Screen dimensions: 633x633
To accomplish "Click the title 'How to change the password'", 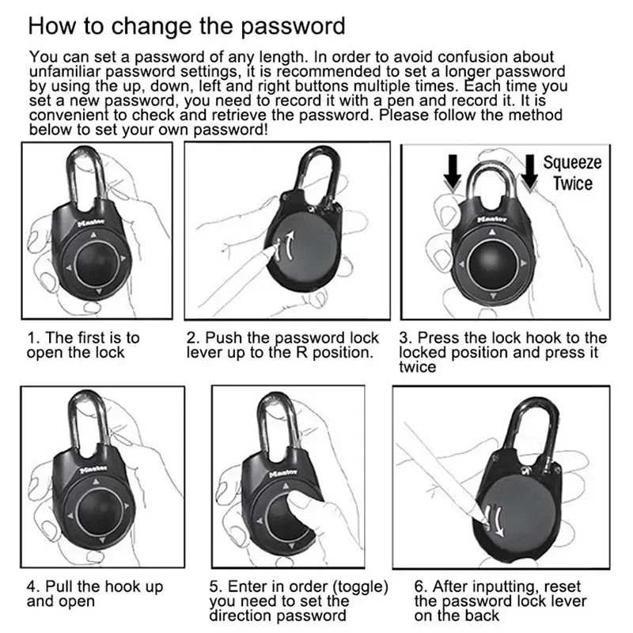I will [187, 25].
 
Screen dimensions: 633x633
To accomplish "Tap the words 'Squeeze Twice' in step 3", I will [572, 173].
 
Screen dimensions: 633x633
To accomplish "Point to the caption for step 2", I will [282, 345].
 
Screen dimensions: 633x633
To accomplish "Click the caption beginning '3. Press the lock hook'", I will [502, 352].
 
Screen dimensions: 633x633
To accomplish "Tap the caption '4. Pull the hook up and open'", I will [94, 593].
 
